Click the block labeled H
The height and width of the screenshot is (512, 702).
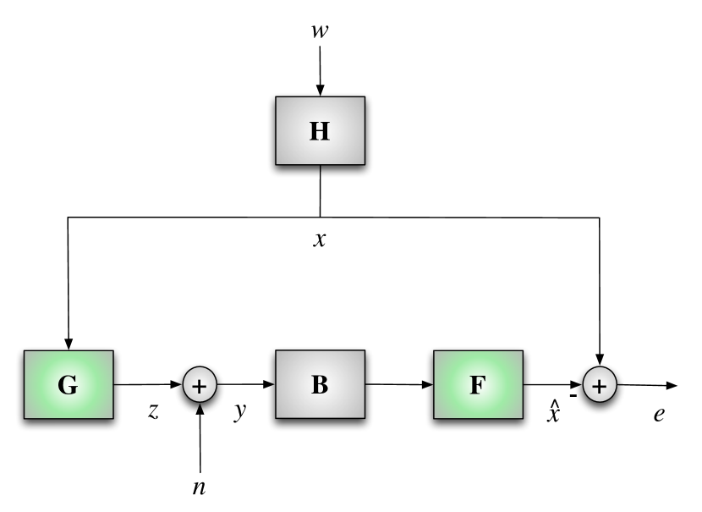point(320,130)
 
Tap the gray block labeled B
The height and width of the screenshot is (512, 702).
point(320,384)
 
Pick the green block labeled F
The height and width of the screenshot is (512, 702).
point(478,384)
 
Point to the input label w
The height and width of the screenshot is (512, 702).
point(320,31)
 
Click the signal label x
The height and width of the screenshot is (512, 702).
point(320,239)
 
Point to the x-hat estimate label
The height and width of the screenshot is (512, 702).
point(552,415)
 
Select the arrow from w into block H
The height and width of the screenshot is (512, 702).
point(320,71)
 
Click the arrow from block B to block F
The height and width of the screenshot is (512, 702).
point(399,385)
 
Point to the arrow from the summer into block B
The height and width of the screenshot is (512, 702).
point(246,385)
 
